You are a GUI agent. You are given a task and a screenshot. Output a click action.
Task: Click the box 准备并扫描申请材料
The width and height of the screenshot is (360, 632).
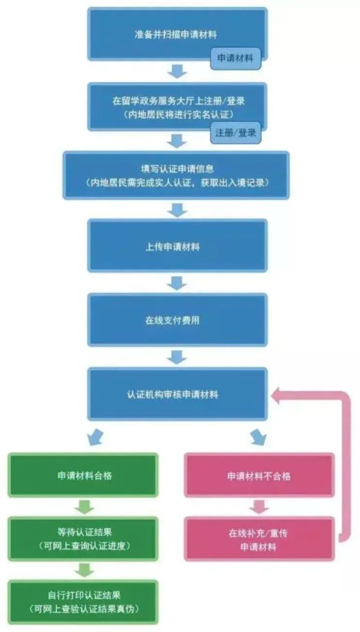tap(177, 34)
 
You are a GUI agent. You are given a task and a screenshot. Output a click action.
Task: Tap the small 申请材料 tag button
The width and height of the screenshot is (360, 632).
tap(235, 58)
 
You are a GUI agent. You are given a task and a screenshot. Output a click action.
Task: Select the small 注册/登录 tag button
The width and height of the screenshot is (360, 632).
tap(235, 133)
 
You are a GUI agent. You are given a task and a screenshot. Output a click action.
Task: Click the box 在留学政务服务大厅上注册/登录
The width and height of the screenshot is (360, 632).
tap(177, 107)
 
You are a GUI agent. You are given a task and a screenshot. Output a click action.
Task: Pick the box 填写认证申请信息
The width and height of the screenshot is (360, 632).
tap(176, 175)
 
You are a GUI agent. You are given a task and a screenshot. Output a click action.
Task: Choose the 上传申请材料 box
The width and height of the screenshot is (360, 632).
tap(177, 246)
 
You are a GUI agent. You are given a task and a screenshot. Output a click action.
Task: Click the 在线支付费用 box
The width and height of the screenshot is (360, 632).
tap(177, 320)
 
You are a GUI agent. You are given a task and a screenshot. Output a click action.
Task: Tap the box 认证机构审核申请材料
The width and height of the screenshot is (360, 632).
tap(177, 394)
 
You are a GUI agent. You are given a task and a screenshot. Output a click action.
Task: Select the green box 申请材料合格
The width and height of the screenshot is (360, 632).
tap(83, 475)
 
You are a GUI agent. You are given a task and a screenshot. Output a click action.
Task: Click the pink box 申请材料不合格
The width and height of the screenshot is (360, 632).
tap(259, 475)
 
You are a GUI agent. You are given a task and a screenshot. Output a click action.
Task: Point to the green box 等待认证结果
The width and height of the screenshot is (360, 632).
tap(83, 538)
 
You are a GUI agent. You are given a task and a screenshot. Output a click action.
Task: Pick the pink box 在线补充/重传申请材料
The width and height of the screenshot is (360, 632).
tap(259, 538)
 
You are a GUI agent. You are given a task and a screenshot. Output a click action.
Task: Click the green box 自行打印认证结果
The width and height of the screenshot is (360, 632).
tap(83, 602)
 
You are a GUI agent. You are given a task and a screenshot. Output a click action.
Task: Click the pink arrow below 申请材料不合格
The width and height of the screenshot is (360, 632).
tap(259, 507)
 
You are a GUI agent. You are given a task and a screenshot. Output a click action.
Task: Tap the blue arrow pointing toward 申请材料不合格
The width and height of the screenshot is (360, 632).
tap(259, 436)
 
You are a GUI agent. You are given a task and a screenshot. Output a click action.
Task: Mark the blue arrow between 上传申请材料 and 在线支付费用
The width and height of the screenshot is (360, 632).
tap(177, 282)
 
